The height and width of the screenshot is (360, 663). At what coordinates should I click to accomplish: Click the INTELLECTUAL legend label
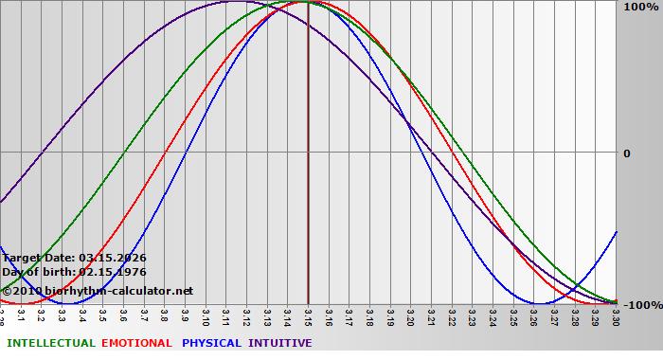[51, 343]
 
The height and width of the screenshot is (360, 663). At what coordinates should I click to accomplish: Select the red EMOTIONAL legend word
[136, 343]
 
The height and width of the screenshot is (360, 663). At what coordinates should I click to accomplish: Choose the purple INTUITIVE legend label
[280, 343]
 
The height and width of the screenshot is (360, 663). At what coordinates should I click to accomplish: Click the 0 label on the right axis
[625, 153]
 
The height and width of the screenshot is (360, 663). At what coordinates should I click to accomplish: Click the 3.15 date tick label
[308, 315]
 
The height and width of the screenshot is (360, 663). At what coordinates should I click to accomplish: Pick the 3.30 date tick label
[616, 315]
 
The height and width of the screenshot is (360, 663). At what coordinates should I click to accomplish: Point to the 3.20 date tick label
[410, 315]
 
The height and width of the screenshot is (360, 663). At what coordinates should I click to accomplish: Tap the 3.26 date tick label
[533, 315]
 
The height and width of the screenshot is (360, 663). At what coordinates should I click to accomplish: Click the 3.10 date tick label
[206, 315]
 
